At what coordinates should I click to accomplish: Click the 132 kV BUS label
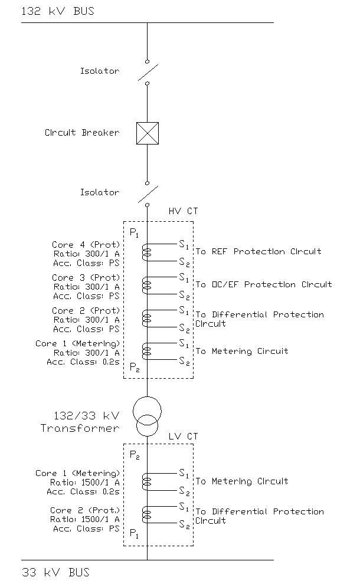coord(57,11)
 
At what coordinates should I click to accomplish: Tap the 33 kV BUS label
coord(55,572)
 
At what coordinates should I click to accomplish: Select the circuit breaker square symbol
coord(147,133)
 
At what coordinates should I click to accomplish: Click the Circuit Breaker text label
coord(81,133)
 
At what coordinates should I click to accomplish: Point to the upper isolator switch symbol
coord(148,72)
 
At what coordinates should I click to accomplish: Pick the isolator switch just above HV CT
coord(148,193)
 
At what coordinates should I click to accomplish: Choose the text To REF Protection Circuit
coord(258,252)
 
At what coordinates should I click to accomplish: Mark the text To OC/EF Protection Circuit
coord(264,285)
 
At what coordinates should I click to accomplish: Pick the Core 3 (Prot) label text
coord(86,277)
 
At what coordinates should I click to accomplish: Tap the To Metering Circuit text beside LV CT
coord(242,481)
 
